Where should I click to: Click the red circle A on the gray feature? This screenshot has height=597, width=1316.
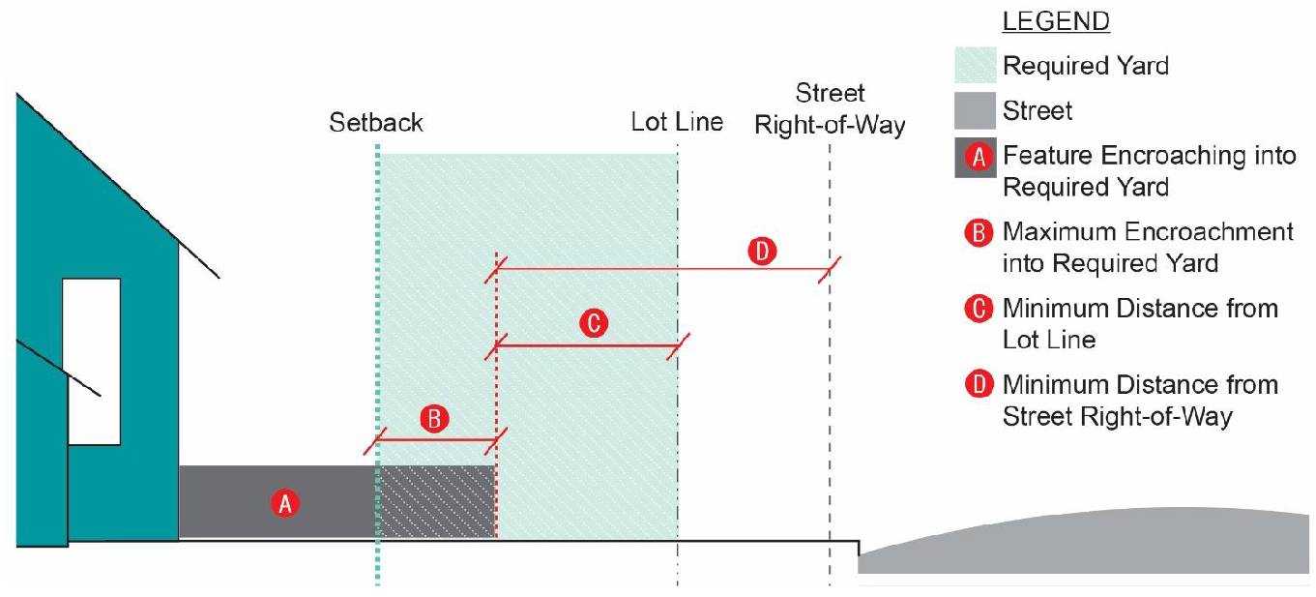point(284,502)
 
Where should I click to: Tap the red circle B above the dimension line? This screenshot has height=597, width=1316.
point(435,418)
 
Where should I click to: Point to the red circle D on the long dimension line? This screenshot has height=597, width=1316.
point(762,253)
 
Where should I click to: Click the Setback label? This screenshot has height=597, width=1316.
point(376,123)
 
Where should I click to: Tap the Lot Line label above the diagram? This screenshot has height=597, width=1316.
point(677,122)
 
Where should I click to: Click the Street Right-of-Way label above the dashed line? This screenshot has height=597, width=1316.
point(830,109)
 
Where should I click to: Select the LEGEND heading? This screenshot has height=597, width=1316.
point(1056,21)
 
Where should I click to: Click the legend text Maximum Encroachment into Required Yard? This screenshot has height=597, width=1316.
point(1147,247)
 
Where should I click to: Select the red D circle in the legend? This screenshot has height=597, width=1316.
point(980,384)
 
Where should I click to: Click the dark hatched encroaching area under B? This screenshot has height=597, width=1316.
point(436,501)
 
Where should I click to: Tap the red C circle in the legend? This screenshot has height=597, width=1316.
point(980,309)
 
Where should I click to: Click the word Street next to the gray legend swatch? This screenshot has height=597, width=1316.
point(1038,111)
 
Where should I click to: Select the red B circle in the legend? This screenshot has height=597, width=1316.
point(980,233)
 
